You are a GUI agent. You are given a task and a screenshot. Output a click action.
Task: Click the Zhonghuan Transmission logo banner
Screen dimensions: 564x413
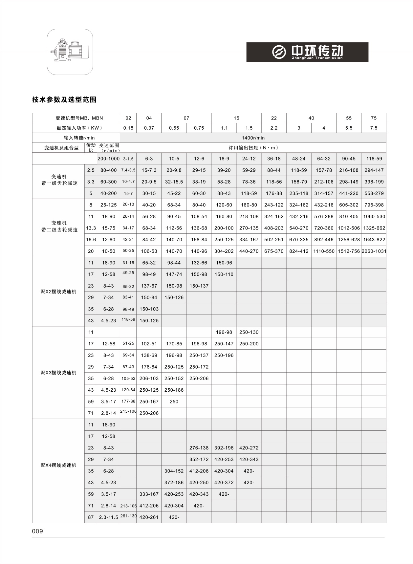coord(307,52)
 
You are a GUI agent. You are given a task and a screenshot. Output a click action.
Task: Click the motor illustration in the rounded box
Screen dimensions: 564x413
coord(70,52)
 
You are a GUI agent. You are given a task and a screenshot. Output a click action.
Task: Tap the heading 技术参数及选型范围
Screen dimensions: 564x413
coord(64,100)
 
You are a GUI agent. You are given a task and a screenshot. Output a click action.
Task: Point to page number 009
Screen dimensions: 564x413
coord(37,531)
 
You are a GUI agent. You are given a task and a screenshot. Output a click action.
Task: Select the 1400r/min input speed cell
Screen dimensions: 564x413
coord(253,138)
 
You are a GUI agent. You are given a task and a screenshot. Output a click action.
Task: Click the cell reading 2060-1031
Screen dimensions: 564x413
coord(374,251)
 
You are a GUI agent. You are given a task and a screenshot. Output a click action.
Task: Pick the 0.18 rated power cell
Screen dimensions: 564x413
coord(128,128)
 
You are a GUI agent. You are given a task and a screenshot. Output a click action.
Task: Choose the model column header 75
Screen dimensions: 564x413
coord(374,118)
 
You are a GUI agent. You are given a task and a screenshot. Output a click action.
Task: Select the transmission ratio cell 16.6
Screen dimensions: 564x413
coord(91,240)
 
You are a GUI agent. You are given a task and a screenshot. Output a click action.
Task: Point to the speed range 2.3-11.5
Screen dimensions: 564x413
coord(108,517)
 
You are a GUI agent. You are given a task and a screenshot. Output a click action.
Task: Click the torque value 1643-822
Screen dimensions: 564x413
coord(374,240)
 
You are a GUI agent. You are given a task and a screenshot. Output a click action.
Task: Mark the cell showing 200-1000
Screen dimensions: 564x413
coord(108,159)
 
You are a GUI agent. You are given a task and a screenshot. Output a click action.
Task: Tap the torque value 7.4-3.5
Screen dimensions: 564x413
coord(128,170)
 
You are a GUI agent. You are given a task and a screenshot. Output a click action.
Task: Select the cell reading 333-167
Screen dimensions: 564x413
coord(149,494)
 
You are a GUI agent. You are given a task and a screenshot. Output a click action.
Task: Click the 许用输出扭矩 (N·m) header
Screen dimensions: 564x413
coord(253,148)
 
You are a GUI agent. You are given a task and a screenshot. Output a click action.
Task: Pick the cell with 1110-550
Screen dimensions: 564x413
coord(324,251)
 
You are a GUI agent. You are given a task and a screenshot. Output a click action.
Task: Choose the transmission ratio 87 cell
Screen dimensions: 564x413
coord(91,517)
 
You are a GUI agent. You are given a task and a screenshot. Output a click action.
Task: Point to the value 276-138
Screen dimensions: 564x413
coord(199,448)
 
